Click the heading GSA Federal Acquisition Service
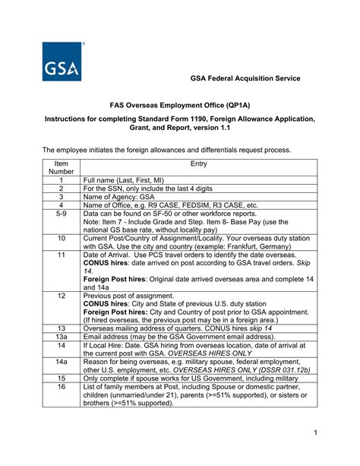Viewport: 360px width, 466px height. click(245, 78)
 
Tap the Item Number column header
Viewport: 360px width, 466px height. click(62, 167)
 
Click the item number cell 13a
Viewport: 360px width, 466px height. click(62, 336)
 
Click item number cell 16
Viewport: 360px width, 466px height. click(62, 387)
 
